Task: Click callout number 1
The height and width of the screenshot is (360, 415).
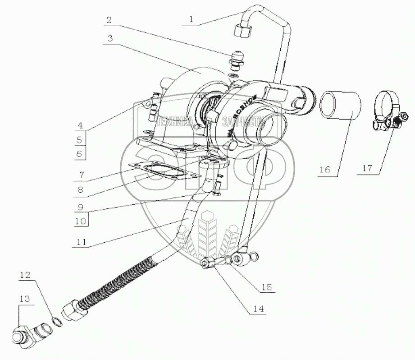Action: [x=191, y=19]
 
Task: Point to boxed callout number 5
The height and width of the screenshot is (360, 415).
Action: [x=79, y=140]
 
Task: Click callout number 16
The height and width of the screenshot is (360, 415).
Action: [x=324, y=170]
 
